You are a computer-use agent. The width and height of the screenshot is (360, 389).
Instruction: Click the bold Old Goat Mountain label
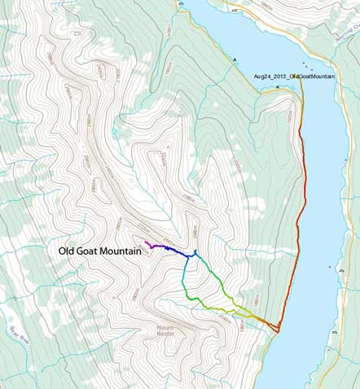pyautogui.click(x=100, y=252)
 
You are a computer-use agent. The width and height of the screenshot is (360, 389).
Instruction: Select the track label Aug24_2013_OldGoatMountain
pyautogui.click(x=295, y=75)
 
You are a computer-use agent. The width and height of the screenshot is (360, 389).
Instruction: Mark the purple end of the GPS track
pyautogui.click(x=147, y=243)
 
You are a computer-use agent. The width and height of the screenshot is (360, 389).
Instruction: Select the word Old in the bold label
pyautogui.click(x=68, y=252)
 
